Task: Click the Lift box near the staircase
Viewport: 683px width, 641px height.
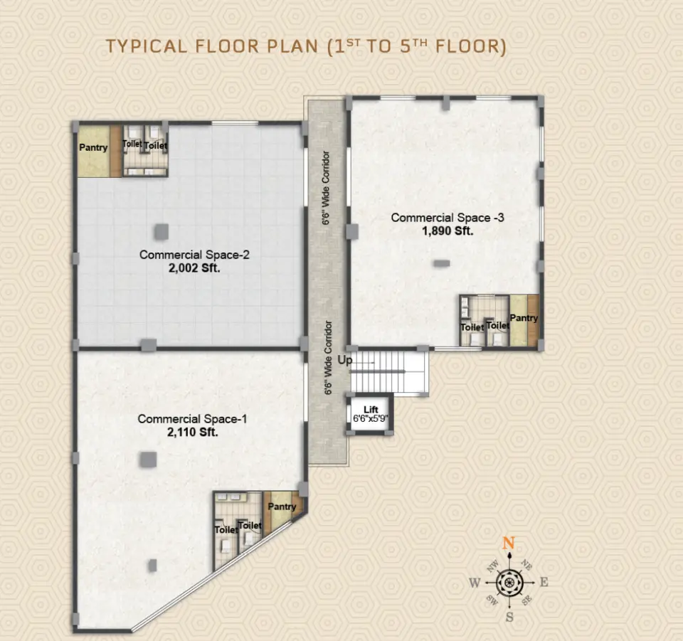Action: coord(369,414)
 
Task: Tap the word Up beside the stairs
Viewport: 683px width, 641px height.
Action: coord(345,361)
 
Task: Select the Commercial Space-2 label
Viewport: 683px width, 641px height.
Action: coord(194,254)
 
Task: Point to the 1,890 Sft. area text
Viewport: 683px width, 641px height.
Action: coord(448,231)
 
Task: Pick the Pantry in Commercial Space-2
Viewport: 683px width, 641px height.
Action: coord(93,148)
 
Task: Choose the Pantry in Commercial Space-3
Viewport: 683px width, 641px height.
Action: coord(524,318)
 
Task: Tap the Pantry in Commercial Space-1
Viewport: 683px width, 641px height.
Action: coord(282,507)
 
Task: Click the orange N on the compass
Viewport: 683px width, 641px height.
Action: coord(508,544)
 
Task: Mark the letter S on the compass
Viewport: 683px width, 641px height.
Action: coord(509,617)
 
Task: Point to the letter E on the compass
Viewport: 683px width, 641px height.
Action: coord(544,582)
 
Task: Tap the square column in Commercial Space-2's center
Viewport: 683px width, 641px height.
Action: coord(162,231)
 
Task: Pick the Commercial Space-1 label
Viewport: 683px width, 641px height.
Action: coord(192,419)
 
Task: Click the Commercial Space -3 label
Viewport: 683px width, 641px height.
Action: coord(448,218)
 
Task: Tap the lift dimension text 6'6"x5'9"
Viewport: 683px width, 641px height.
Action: coord(369,420)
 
